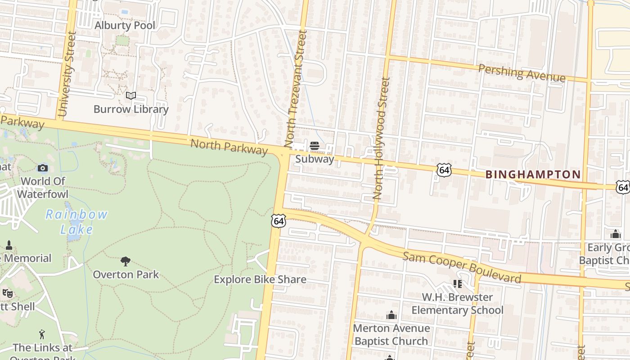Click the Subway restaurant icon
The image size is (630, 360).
(x=315, y=146)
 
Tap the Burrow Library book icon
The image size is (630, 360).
(x=131, y=95)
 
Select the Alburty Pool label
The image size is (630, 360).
(x=125, y=26)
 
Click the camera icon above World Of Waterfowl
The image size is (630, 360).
(x=43, y=168)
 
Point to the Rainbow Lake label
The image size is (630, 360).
(x=77, y=221)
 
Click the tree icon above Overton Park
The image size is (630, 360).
(x=126, y=261)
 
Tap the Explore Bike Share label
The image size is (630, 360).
(x=260, y=279)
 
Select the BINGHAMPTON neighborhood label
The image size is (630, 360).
(x=533, y=175)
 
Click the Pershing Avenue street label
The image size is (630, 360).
(x=522, y=73)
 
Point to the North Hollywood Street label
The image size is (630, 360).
(x=381, y=139)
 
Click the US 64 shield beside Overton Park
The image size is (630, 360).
(x=279, y=220)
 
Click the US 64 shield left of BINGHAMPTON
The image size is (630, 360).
(x=444, y=170)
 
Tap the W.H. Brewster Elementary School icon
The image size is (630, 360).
(x=458, y=283)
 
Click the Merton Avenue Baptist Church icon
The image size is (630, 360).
(x=391, y=315)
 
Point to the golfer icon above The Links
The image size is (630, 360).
(x=42, y=334)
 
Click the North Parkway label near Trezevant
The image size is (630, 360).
(x=229, y=147)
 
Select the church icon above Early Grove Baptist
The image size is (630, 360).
(x=615, y=234)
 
